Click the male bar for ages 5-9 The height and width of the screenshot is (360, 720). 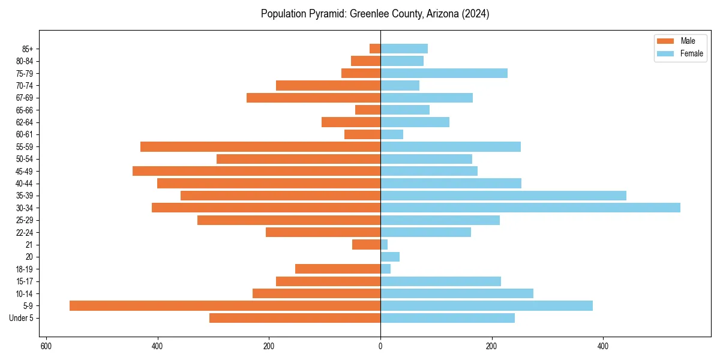pos(225,306)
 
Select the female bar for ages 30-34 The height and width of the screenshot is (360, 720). pos(530,208)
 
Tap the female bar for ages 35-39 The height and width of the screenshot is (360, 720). pos(503,196)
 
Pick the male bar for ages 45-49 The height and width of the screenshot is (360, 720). pos(256,171)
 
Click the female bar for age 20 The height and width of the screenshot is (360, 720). pos(390,257)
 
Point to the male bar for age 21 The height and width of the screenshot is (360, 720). pos(366,245)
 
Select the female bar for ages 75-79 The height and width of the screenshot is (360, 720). pos(444,73)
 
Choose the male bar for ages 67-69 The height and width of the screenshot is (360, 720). pos(313,98)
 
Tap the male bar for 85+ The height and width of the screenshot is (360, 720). pos(375,49)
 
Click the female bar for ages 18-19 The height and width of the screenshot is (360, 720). pos(386,269)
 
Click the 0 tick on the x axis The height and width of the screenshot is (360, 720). pos(380,346)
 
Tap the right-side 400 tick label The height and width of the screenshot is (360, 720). pos(603,346)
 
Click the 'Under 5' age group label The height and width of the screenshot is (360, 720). pos(21,318)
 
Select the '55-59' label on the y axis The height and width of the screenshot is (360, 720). pos(25,147)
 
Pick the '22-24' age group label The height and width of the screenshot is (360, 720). pos(25,233)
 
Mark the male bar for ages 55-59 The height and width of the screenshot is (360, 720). pos(260,147)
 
